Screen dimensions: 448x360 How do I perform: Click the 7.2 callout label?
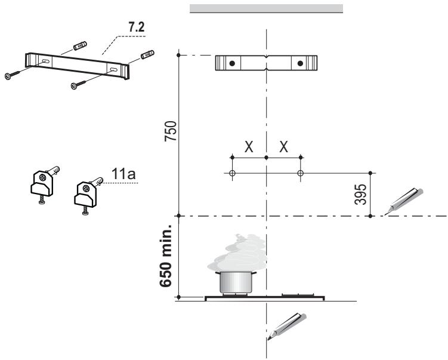(x=136, y=27)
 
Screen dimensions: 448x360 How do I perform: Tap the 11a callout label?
(x=123, y=174)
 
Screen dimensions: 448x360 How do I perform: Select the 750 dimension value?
(x=171, y=131)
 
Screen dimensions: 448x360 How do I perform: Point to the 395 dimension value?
(x=360, y=195)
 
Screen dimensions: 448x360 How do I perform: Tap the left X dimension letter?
(x=249, y=147)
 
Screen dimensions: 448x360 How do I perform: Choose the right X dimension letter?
(x=283, y=147)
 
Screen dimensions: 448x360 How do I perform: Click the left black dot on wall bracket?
(x=232, y=63)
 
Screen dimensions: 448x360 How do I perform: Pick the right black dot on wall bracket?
(x=300, y=63)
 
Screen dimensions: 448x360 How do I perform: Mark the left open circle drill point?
(x=232, y=173)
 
